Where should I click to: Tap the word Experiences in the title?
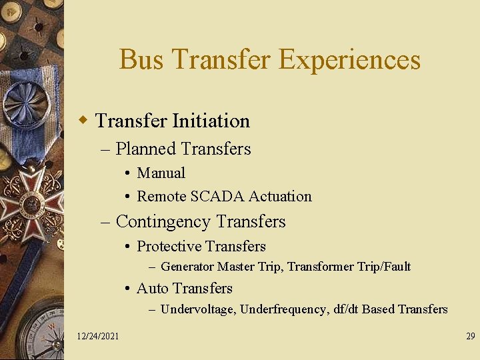tap(349, 59)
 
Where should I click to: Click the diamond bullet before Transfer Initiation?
tap(83, 121)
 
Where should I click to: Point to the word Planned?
tap(145, 149)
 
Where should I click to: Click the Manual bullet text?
tap(161, 173)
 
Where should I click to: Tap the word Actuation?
tap(280, 196)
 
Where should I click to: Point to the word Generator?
tap(187, 267)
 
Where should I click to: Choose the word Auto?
tap(152, 288)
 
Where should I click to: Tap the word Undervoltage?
tap(197, 309)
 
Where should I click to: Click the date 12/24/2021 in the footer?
tap(98, 336)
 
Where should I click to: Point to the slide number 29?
tap(470, 336)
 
